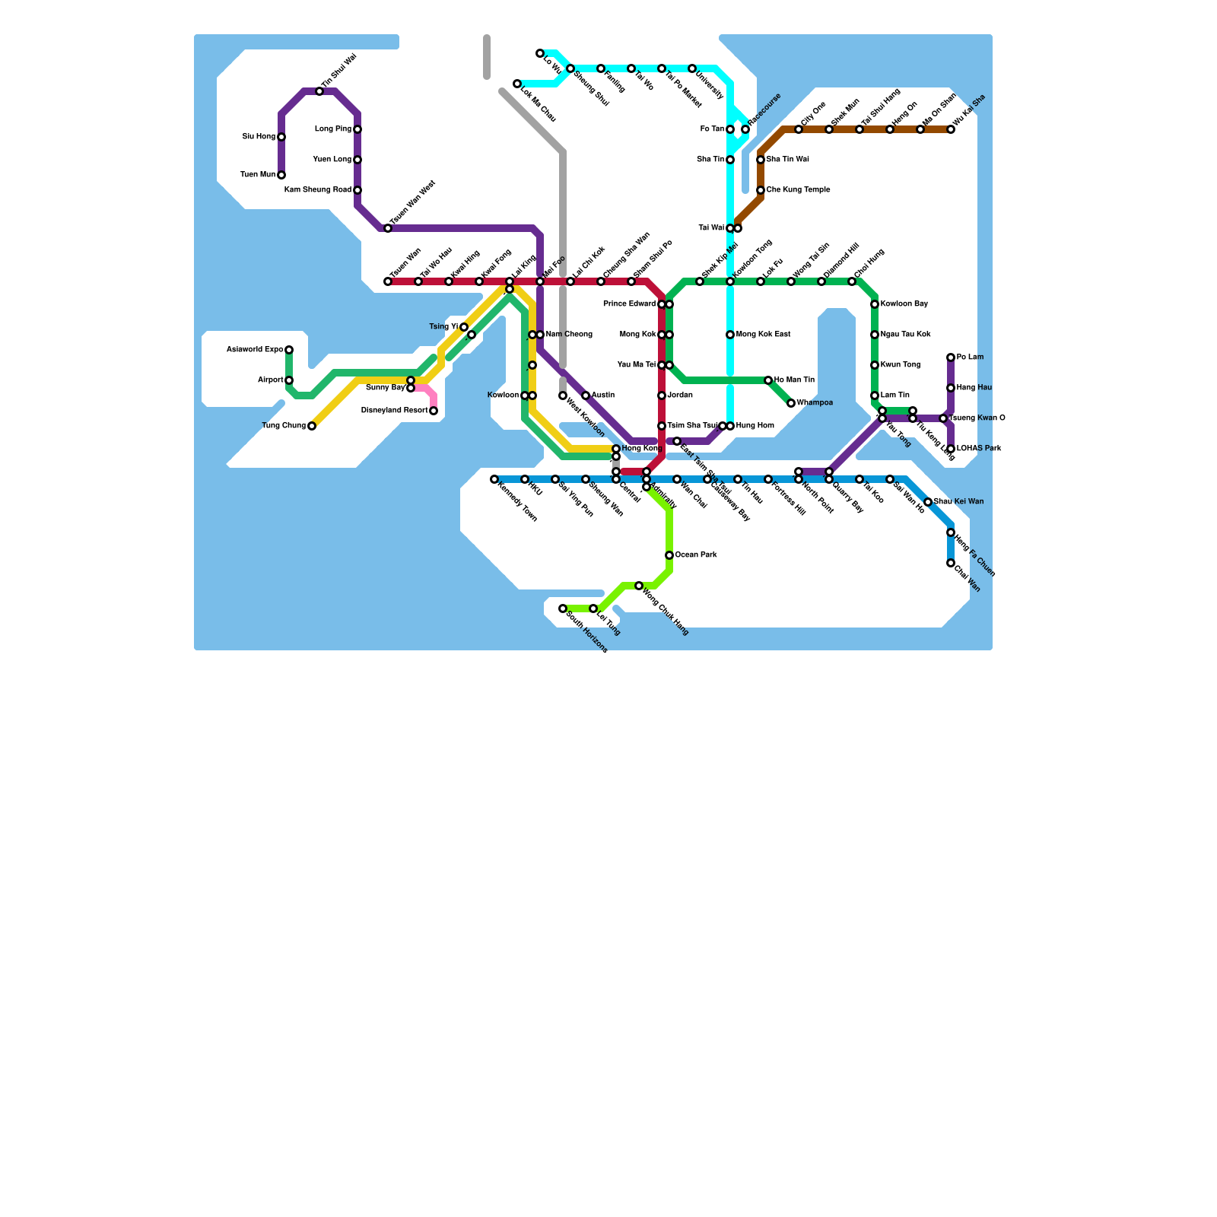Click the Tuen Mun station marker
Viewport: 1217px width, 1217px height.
pos(281,175)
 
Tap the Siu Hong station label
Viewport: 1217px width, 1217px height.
pos(259,137)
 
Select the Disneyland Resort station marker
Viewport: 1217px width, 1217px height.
pos(434,411)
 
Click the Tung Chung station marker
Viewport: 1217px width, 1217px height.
pos(312,426)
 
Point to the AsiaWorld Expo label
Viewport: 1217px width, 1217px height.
pos(255,350)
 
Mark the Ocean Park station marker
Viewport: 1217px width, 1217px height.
pos(669,555)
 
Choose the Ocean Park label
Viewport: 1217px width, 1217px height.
pos(696,555)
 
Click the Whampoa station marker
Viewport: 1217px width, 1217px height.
pos(791,403)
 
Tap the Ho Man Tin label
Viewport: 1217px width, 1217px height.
pos(794,380)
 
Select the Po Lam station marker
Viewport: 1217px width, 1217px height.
pos(951,357)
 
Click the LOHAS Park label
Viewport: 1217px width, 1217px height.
pos(979,449)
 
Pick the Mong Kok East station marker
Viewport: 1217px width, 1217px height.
pos(730,335)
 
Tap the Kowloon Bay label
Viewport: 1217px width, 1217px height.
pos(904,304)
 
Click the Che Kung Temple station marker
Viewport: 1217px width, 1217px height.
pos(761,190)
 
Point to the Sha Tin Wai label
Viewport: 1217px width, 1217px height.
pos(787,160)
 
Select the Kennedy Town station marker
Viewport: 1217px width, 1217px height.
pos(494,479)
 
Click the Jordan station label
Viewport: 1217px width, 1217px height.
pos(680,396)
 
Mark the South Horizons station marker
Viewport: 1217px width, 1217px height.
pos(563,608)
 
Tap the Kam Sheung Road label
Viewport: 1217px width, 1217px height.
pos(318,190)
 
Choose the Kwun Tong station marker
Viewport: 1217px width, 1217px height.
pos(875,365)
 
